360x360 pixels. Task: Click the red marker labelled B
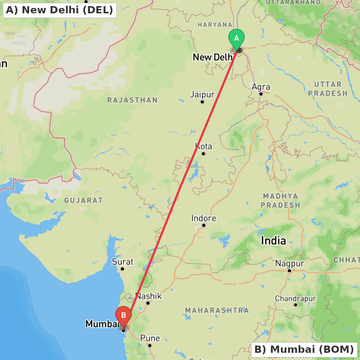tap(123, 316)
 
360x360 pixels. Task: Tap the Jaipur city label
tap(202, 95)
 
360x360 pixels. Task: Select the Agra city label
tap(261, 87)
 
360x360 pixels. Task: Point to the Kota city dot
tap(203, 154)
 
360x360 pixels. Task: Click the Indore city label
tap(204, 218)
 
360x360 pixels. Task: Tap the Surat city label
tap(122, 262)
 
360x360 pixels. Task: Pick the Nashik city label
tap(148, 296)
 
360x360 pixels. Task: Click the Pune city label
tap(150, 338)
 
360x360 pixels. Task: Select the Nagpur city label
tap(290, 264)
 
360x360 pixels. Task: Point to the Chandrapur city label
tap(295, 298)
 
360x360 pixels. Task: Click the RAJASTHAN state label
tap(132, 100)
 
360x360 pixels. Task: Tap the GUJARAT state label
tap(84, 200)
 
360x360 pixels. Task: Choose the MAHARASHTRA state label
tap(217, 310)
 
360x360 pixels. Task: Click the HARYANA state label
tap(215, 24)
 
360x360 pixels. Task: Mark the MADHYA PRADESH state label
tap(280, 201)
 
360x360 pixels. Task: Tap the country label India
tap(274, 240)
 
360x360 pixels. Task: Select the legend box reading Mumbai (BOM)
tap(304, 349)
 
